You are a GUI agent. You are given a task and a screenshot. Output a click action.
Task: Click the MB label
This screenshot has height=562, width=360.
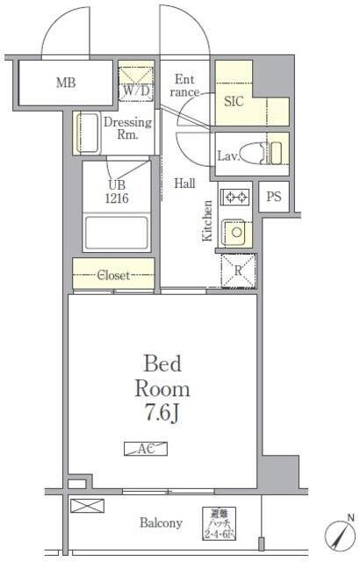[x=65, y=84]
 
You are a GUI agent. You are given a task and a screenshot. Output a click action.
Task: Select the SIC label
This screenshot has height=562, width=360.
[x=234, y=101]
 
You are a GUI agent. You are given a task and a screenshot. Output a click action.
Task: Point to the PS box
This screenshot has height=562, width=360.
[x=274, y=197]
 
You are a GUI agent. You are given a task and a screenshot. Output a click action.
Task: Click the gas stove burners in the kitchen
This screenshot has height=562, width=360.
[x=234, y=197]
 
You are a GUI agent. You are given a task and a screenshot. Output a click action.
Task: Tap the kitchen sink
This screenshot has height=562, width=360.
[x=234, y=233]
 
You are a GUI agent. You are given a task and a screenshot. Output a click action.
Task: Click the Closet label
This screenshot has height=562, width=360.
[x=112, y=275]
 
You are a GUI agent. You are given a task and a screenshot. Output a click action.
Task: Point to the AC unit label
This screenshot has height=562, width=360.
[x=144, y=448]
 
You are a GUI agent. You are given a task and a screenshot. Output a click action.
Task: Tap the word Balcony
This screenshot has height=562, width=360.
[x=162, y=523]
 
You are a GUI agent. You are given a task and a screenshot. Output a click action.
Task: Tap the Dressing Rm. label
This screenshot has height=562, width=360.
[x=128, y=129]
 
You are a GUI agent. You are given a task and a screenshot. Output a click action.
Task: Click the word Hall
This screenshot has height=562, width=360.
[x=184, y=184]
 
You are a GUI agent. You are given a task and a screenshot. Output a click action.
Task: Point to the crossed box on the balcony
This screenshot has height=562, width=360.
[x=87, y=506]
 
